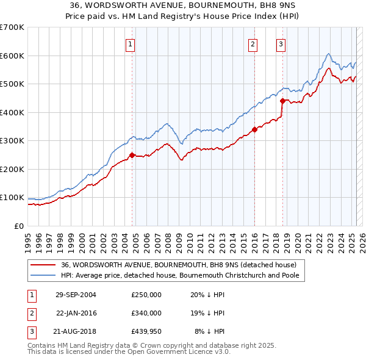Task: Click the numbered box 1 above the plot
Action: pyautogui.click(x=131, y=43)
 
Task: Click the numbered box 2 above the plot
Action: pyautogui.click(x=253, y=43)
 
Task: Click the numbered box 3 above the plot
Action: pyautogui.click(x=281, y=43)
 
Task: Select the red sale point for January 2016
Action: pyautogui.click(x=254, y=129)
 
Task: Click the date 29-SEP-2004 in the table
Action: pyautogui.click(x=76, y=295)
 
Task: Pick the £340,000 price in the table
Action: pyautogui.click(x=146, y=313)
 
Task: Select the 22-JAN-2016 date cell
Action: pyautogui.click(x=76, y=313)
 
